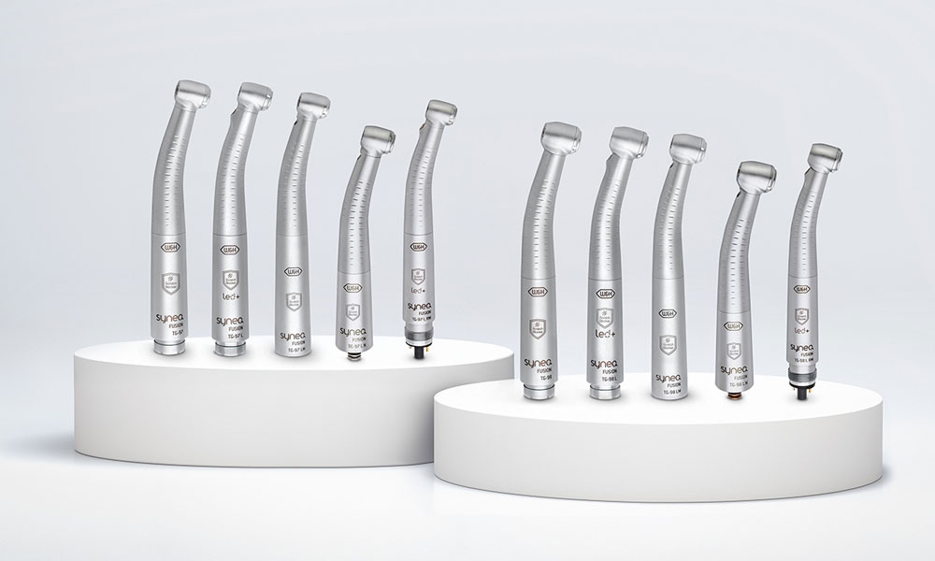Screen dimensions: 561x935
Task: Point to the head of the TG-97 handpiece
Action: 191,94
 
